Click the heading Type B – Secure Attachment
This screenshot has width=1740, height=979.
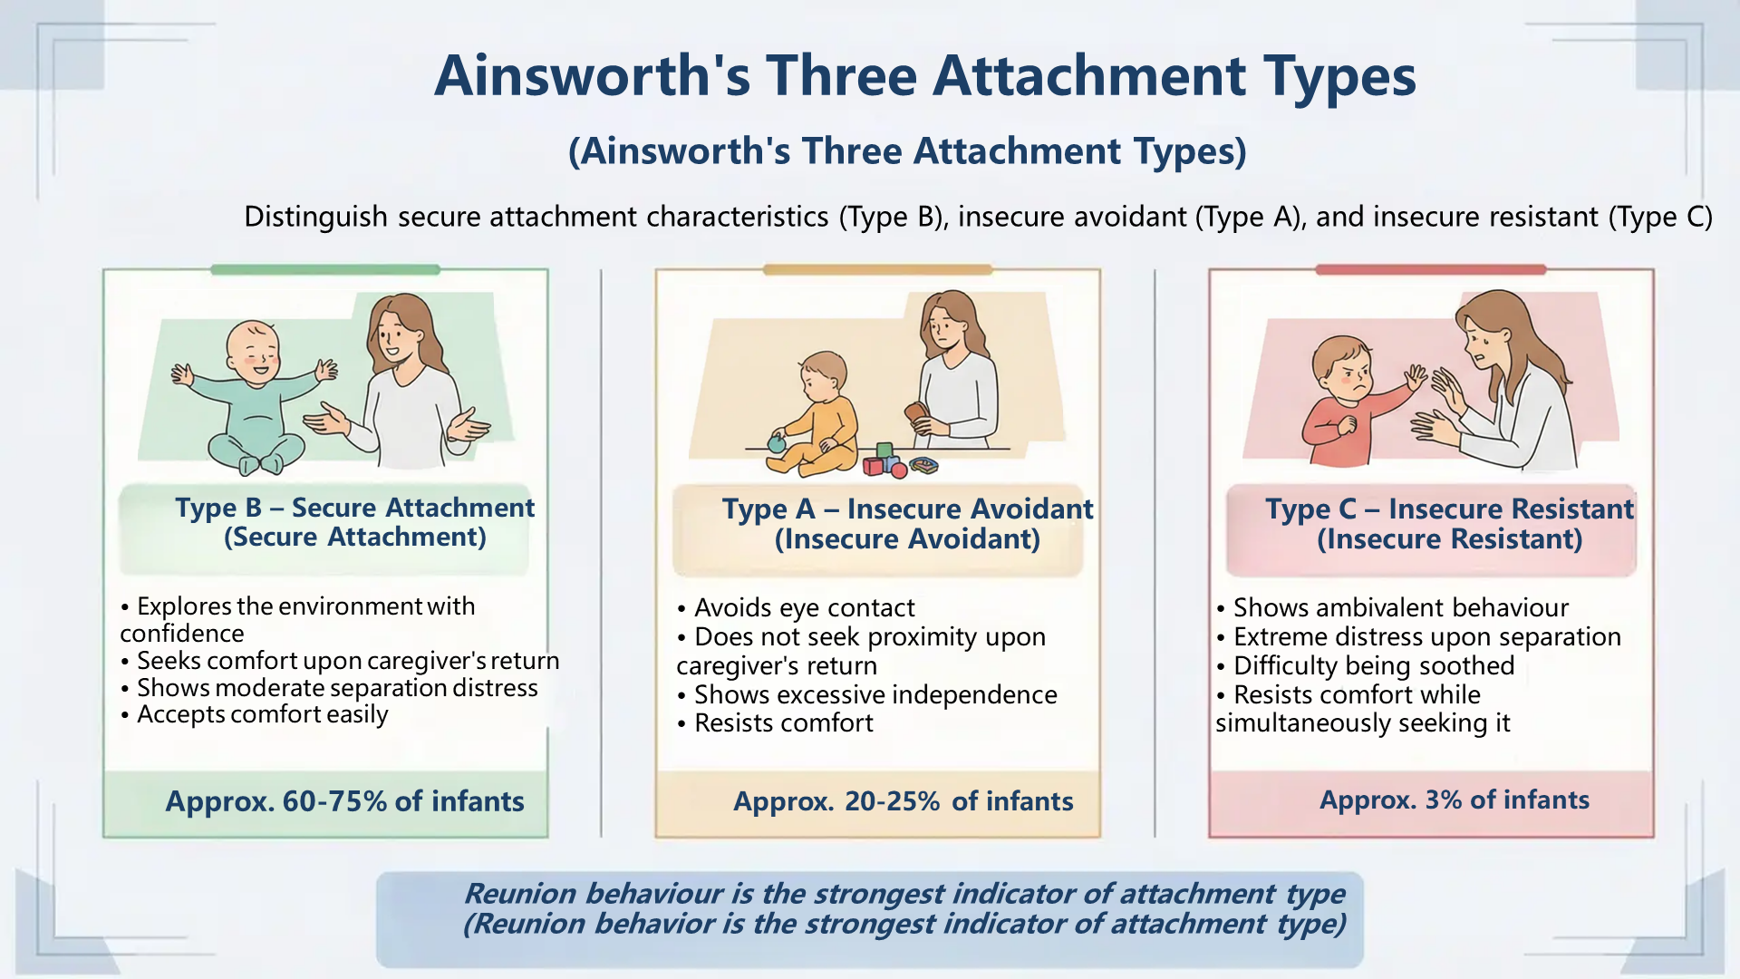[x=355, y=508]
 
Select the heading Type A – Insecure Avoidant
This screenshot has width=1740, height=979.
[x=907, y=509]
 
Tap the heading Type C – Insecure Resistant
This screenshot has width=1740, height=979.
[x=1450, y=509]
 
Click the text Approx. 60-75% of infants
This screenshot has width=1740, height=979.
[x=344, y=801]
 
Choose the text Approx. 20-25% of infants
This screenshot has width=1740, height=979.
[x=904, y=801]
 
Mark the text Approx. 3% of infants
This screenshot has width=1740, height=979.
[x=1455, y=800]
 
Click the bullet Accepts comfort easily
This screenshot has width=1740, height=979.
[x=255, y=715]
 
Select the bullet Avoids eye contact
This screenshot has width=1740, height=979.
[x=796, y=607]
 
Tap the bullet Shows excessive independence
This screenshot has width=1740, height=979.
[x=867, y=694]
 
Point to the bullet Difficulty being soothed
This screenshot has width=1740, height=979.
[x=1365, y=665]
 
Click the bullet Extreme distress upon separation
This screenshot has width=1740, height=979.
[x=1418, y=636]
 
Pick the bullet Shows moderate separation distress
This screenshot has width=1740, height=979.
[x=329, y=688]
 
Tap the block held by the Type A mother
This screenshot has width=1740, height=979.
[x=919, y=415]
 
